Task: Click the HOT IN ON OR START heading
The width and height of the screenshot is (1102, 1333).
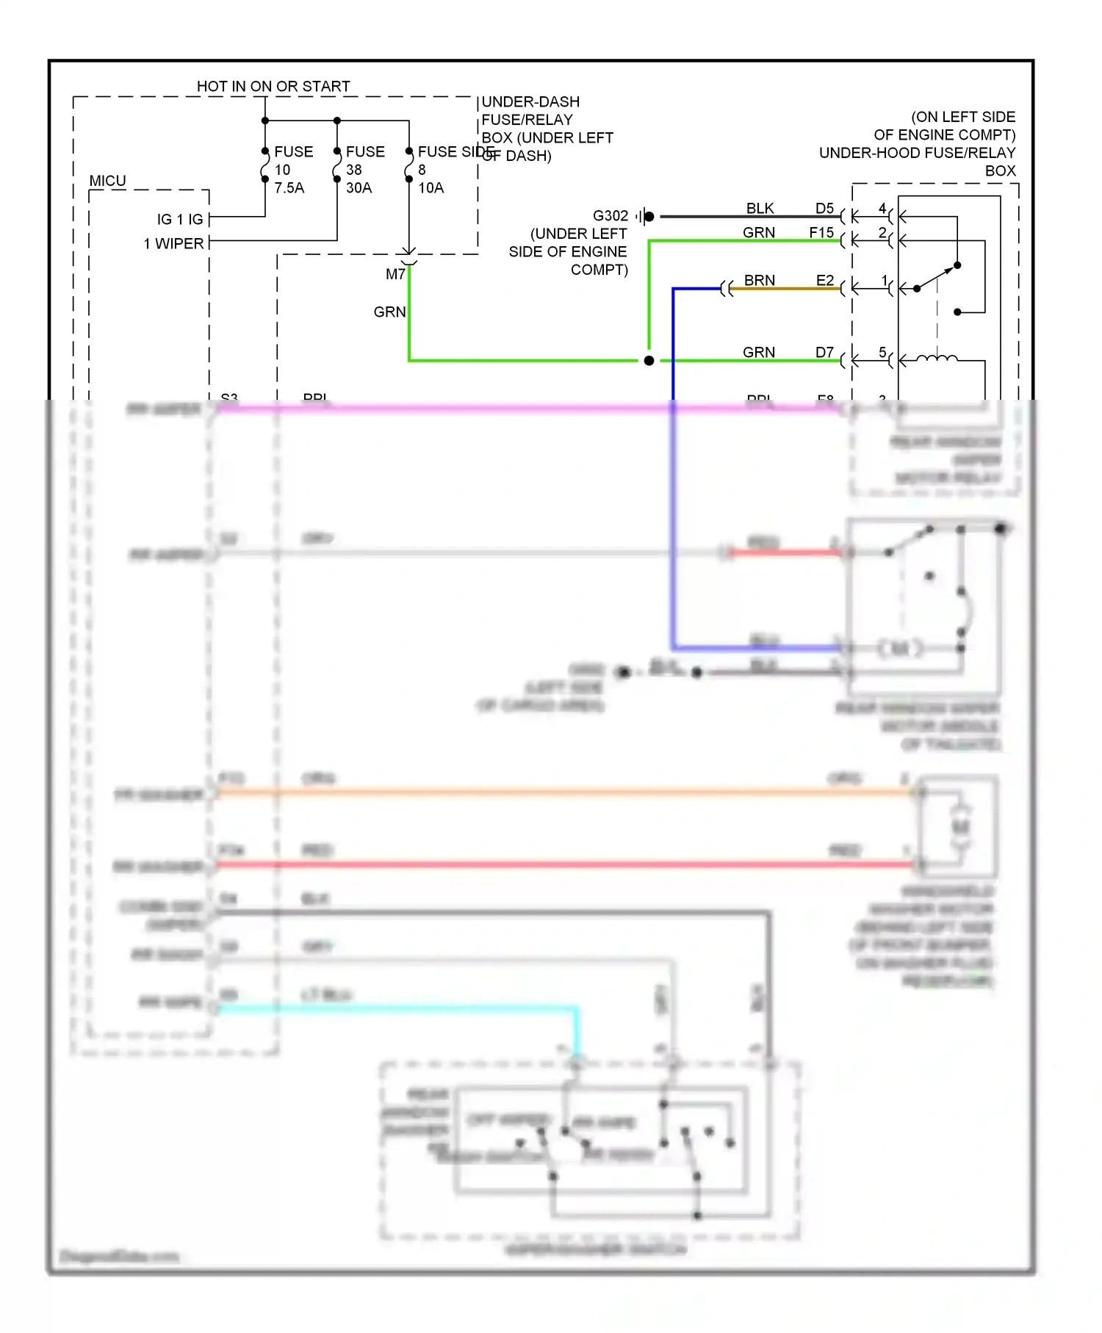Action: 273,86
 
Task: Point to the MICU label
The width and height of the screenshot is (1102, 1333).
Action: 107,181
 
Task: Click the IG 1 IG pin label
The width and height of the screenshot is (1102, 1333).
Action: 180,219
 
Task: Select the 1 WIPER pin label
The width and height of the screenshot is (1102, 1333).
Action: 173,243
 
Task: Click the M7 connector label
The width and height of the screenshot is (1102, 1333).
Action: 395,274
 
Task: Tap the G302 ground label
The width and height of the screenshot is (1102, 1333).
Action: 611,215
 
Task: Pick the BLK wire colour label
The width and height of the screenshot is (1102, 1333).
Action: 760,209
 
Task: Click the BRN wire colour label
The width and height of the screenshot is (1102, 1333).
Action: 759,280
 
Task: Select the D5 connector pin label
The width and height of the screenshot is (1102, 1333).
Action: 824,209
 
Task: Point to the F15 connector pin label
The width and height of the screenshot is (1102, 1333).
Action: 821,233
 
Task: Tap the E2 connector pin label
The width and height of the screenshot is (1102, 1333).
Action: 824,280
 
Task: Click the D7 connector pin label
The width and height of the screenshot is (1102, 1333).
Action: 824,352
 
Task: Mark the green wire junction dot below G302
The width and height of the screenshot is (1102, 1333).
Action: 649,361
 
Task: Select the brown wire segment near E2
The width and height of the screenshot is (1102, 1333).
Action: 786,289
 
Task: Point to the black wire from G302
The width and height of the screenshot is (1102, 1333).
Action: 735,217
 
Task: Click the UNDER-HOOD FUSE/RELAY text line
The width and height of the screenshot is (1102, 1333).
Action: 917,153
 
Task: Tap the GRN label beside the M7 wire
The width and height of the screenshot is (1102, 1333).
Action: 389,312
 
